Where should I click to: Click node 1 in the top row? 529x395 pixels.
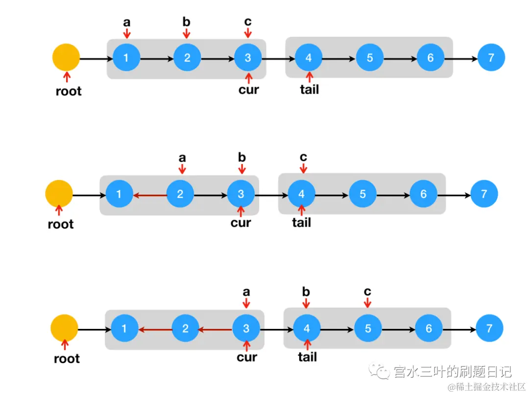[x=126, y=58]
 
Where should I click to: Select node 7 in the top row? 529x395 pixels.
[x=491, y=58]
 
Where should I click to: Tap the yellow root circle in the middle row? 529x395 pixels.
[x=59, y=193]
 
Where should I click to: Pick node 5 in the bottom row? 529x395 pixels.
[x=368, y=328]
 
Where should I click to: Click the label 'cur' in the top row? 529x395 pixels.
[x=249, y=90]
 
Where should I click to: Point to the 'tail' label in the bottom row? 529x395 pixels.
[x=307, y=357]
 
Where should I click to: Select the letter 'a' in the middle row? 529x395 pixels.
[x=182, y=158]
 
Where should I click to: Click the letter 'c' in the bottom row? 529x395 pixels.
[x=367, y=292]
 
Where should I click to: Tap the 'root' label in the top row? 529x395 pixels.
[x=69, y=91]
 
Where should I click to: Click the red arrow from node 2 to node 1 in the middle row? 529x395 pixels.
[x=150, y=194]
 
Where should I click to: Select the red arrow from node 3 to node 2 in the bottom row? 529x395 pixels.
[x=215, y=329]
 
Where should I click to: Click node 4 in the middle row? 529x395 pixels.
[x=302, y=194]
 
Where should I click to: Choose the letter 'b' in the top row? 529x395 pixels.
[x=186, y=23]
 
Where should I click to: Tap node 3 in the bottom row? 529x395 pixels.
[x=246, y=328]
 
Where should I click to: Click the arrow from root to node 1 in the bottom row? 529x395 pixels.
[x=94, y=329]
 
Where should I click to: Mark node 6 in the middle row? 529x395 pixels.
[x=424, y=194]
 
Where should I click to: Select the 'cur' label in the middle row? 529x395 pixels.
[x=240, y=223]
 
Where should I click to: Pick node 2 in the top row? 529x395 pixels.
[x=187, y=58]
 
